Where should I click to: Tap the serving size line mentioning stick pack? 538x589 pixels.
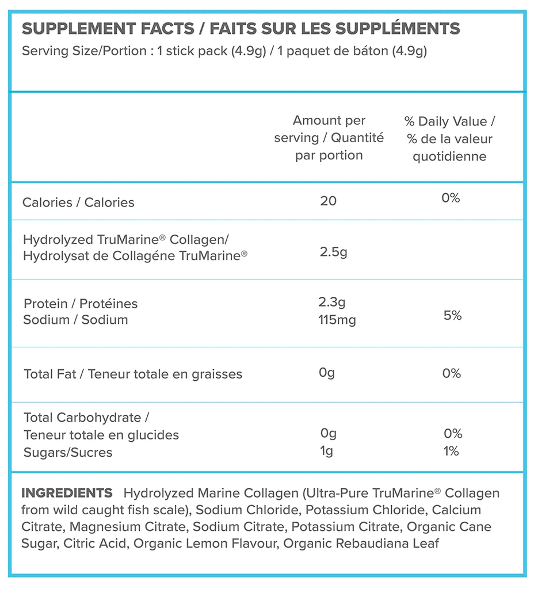tap(224, 51)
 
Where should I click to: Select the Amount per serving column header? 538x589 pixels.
tap(329, 138)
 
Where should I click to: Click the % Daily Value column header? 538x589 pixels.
tap(449, 139)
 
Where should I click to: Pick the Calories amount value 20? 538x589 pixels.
tap(328, 201)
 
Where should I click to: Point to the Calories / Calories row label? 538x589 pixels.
tap(78, 202)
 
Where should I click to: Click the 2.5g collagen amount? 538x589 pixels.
tap(333, 252)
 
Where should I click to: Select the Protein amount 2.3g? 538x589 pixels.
tap(332, 302)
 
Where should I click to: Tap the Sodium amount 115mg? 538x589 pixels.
tap(337, 320)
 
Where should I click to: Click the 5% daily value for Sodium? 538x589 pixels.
tap(452, 315)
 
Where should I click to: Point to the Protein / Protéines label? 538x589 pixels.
tap(81, 303)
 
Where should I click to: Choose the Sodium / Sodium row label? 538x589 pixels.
tap(75, 320)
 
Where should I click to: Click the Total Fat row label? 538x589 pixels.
tap(133, 374)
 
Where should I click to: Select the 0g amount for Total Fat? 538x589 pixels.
tap(326, 373)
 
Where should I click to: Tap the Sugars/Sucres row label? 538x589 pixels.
tap(68, 453)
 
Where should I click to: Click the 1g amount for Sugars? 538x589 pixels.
tap(326, 452)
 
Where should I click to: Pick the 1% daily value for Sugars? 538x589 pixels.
tap(452, 452)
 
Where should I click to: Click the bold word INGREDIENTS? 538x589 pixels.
tap(67, 493)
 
